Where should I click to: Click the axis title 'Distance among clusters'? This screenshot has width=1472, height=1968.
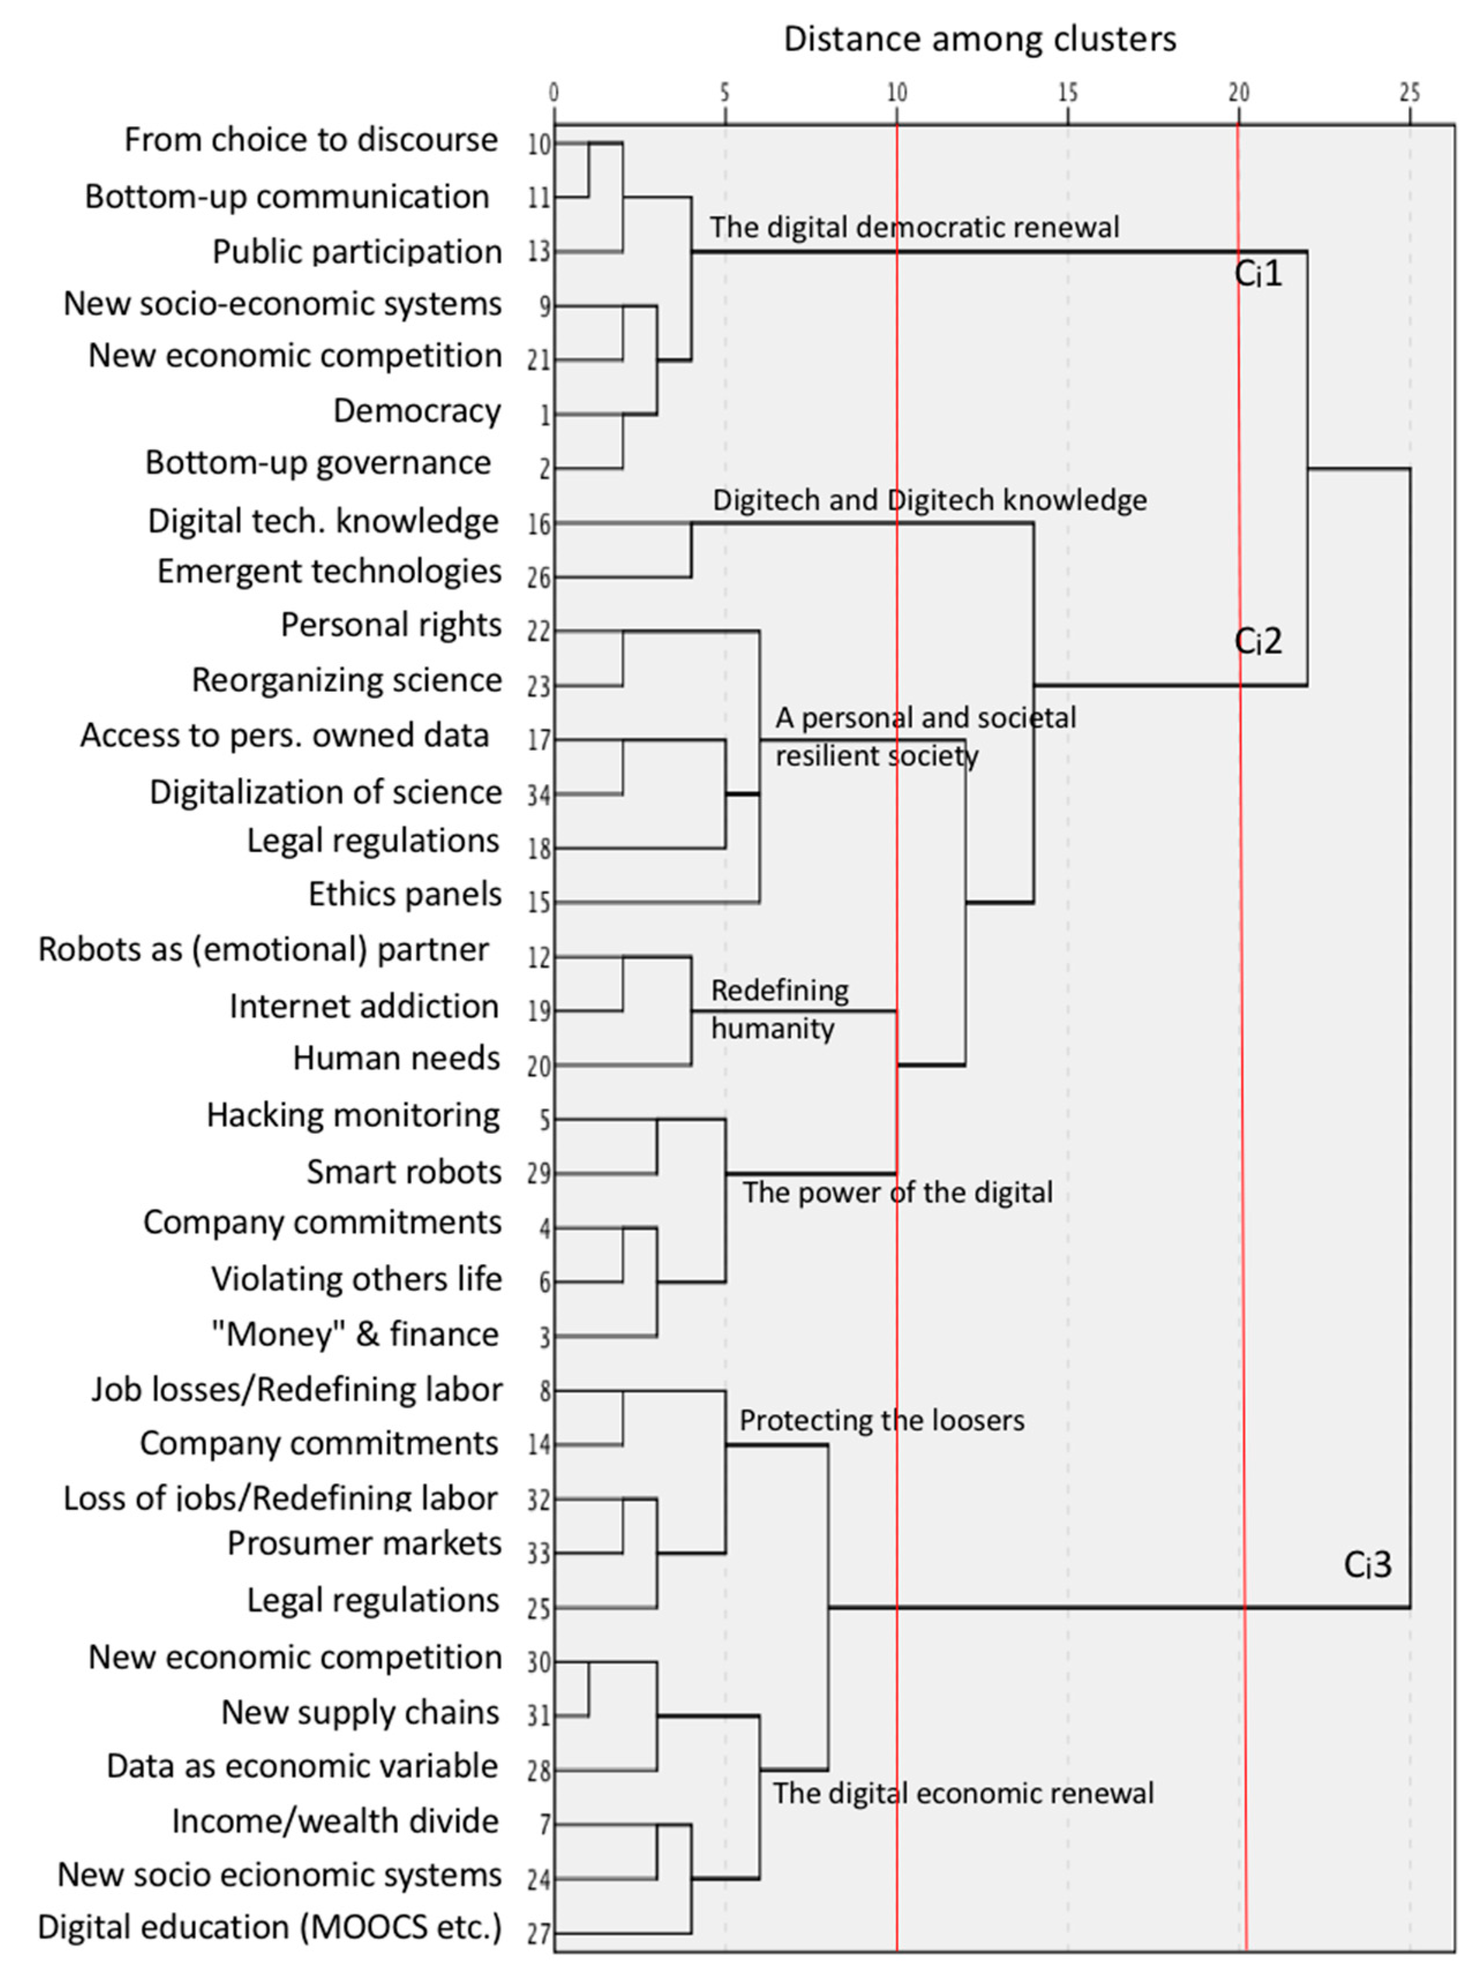979,39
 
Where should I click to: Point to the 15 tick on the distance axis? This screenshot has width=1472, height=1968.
1067,92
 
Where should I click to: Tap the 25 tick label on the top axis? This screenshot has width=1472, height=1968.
1409,92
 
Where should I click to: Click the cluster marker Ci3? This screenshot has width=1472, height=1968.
1366,1565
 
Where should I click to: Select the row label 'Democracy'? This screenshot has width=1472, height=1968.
416,411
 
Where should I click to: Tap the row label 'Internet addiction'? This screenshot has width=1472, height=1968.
364,1006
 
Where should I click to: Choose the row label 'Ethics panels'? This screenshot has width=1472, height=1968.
405,894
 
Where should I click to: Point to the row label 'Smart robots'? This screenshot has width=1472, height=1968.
404,1172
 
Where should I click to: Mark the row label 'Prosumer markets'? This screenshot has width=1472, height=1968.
364,1543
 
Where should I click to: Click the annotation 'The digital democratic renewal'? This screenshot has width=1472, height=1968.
914,228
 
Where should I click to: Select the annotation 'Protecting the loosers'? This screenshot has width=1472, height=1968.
881,1420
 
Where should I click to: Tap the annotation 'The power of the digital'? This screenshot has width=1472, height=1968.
896,1192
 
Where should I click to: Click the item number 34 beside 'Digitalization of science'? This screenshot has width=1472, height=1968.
539,794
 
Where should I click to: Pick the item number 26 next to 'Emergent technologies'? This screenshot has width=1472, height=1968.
539,578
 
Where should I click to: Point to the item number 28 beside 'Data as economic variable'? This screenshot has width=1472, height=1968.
539,1771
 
